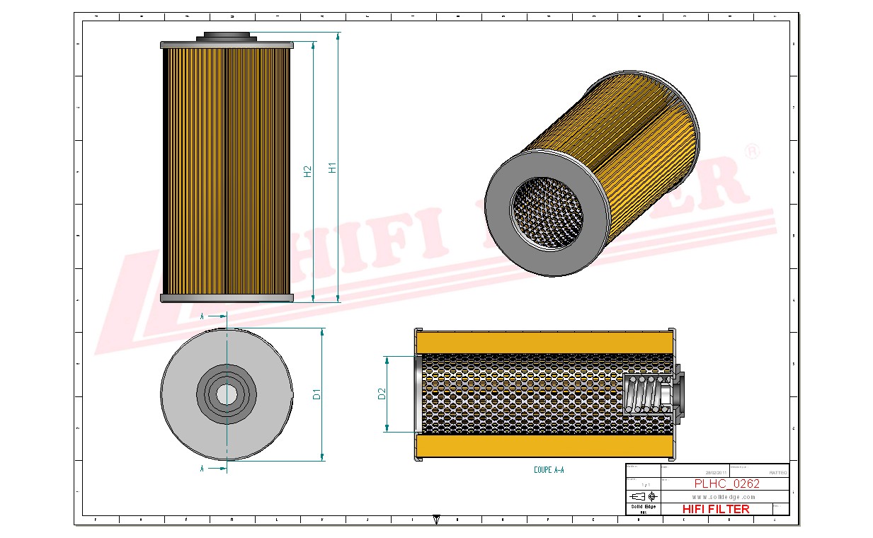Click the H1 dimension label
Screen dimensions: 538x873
coord(331,168)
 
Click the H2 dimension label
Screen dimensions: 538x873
coord(307,171)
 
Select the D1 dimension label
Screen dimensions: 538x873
coord(317,394)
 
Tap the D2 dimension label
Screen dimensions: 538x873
coord(382,394)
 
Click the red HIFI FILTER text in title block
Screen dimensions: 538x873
coord(715,509)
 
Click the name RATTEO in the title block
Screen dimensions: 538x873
coord(777,472)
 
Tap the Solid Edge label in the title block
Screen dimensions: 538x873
coord(643,506)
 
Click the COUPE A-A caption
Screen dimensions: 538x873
coord(549,470)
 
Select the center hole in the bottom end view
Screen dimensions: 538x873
coord(227,394)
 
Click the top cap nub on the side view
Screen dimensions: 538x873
coord(226,35)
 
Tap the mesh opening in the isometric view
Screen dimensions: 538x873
coord(546,212)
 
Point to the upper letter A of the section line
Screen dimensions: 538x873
coord(202,316)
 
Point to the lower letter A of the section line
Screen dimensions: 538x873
coord(202,469)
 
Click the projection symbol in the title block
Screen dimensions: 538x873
coord(643,496)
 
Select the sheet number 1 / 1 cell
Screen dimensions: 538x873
coord(643,484)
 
